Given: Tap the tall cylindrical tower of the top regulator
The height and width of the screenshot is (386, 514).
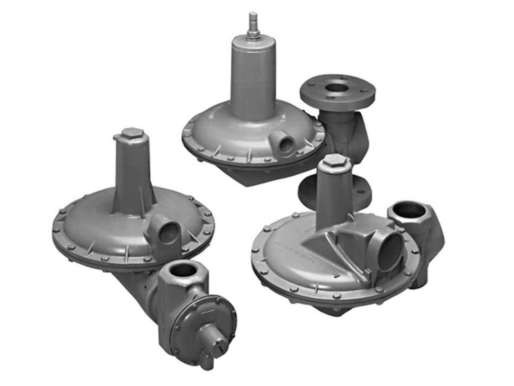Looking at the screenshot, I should [252, 75].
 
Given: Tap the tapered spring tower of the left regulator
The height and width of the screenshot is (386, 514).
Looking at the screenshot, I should [132, 176].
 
